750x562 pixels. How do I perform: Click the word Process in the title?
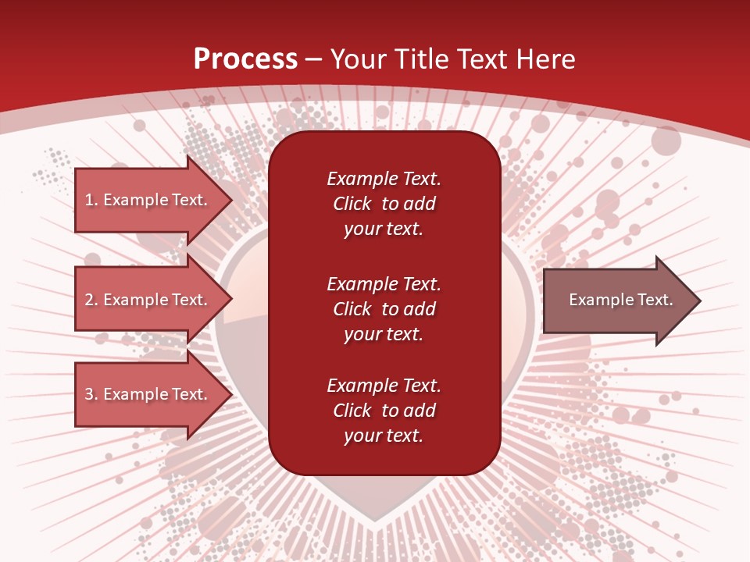click(x=245, y=59)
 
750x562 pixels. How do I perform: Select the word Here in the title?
click(x=546, y=59)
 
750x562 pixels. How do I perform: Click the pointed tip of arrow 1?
click(x=230, y=200)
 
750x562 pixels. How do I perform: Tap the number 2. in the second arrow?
click(x=91, y=300)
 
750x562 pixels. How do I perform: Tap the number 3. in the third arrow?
click(x=91, y=394)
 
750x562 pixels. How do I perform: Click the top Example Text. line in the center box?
click(x=384, y=179)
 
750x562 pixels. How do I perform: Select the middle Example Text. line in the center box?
click(x=384, y=284)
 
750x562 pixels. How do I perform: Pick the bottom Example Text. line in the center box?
click(x=384, y=386)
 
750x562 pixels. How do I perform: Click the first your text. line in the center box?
click(x=384, y=229)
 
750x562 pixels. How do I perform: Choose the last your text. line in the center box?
click(x=384, y=436)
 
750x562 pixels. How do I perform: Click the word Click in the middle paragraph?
click(x=352, y=309)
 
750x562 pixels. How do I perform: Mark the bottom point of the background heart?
click(x=376, y=521)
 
